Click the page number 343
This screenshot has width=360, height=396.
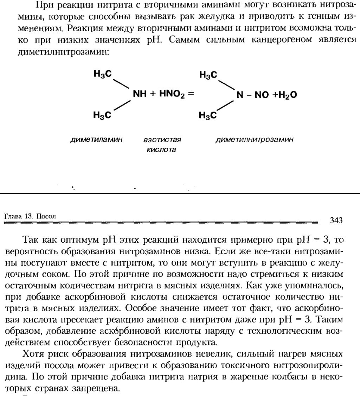click(336, 221)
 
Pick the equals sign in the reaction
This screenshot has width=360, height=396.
click(191, 94)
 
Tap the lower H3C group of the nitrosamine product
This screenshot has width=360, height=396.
click(208, 115)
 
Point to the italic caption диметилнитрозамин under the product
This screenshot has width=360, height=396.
click(254, 140)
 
